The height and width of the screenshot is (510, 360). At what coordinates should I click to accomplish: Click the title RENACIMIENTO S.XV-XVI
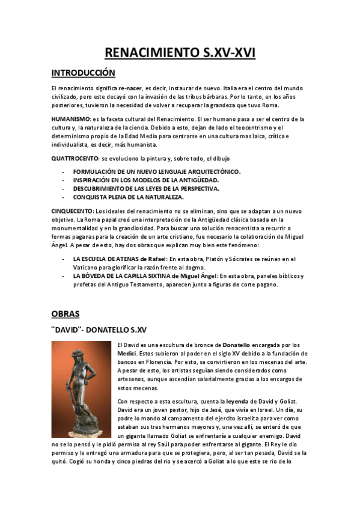tap(180, 53)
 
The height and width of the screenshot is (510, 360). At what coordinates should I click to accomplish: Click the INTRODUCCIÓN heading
tap(83, 73)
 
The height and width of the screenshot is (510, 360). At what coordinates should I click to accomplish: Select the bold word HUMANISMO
tap(71, 119)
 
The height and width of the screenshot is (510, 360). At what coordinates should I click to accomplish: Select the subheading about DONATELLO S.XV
tap(99, 330)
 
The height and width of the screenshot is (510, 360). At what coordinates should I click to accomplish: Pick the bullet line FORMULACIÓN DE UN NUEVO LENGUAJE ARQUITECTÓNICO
tap(156, 171)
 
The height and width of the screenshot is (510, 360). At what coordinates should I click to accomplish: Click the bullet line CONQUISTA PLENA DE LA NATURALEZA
tap(129, 197)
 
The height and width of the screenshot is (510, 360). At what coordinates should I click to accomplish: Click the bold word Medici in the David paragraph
tap(126, 353)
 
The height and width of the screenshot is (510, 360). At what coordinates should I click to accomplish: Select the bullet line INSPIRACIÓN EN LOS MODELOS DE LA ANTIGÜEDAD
tap(146, 180)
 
